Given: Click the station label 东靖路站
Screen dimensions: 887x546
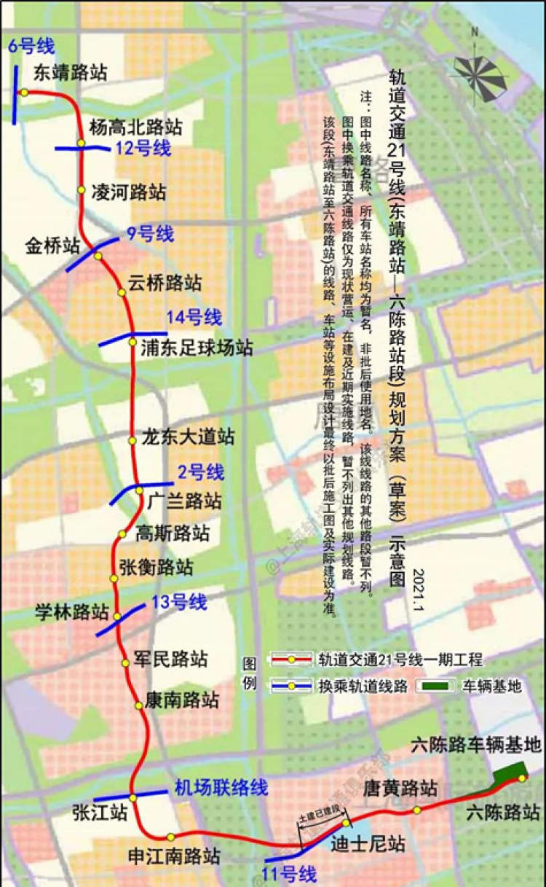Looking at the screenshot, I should pos(70,72).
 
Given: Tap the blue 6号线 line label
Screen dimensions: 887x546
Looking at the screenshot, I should pos(31,47).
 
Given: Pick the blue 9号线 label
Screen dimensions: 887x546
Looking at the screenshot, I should pos(150,234).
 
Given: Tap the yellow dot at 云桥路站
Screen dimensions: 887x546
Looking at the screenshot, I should pos(122,292).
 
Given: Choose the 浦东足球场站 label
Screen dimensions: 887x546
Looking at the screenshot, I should pos(197,348).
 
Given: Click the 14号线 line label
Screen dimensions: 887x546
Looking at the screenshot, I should pos(193,317).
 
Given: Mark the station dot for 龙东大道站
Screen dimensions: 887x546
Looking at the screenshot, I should pos(132,441).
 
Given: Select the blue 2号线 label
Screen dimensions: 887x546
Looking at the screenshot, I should pos(201,472).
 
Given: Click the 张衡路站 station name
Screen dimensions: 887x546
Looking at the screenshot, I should pos(156,566).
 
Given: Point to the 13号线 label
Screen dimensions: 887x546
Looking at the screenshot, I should pos(179,601).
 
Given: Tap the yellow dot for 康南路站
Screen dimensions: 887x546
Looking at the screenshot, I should pos(138,705).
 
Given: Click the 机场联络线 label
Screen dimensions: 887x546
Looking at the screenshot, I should pos(221,787).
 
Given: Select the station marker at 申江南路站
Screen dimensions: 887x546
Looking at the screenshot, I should pos(170,837).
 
